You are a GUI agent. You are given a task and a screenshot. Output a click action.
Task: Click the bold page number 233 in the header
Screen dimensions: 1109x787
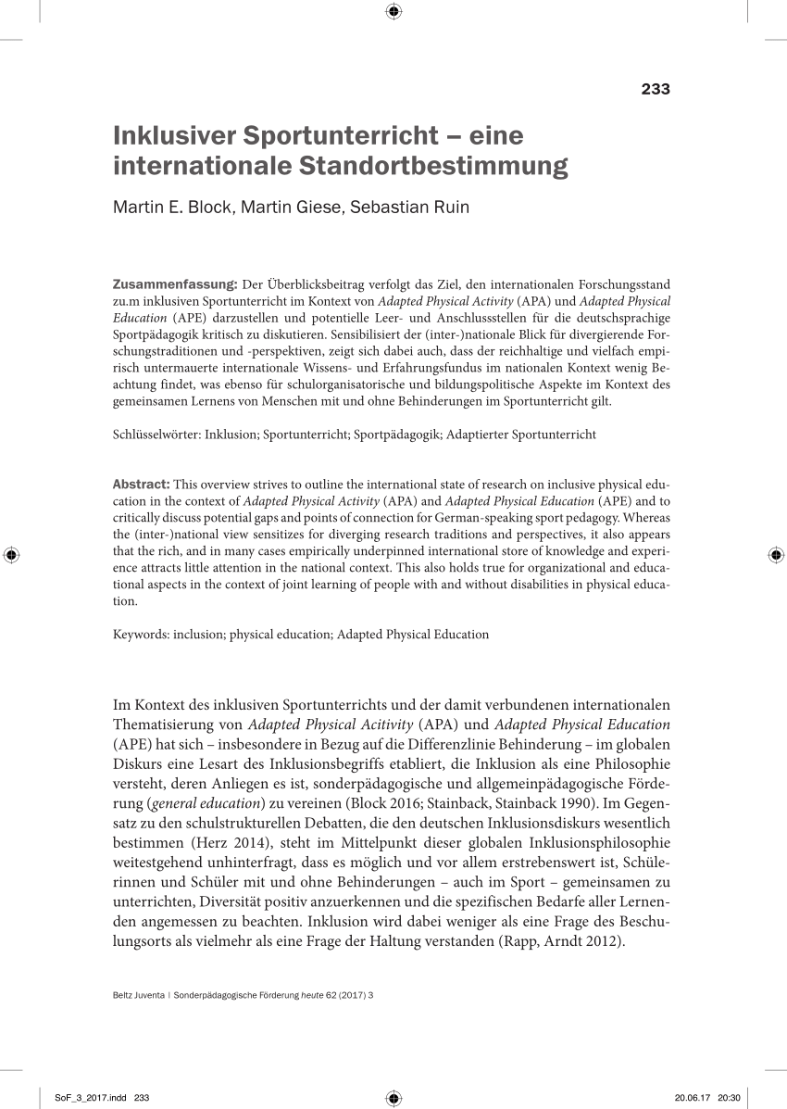click(x=655, y=90)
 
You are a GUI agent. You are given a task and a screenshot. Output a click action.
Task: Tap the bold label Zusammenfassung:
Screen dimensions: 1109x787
click(x=175, y=283)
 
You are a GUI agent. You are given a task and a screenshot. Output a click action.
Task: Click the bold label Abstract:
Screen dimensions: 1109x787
click(x=141, y=484)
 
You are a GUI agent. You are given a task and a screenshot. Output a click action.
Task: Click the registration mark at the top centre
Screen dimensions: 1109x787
click(x=393, y=11)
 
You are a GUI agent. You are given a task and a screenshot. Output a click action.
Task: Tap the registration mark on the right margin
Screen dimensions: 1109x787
click(x=775, y=555)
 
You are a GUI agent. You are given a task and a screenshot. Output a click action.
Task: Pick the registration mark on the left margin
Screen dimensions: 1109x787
click(x=11, y=555)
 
